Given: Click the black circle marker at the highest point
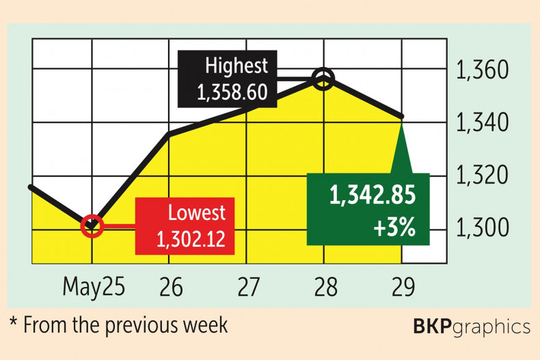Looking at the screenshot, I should (x=323, y=79).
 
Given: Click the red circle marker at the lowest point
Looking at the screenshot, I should (x=92, y=225).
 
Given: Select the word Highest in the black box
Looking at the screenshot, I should (x=238, y=68).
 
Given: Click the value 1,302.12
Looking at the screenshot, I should (x=191, y=238).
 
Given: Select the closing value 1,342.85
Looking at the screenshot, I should (x=373, y=196).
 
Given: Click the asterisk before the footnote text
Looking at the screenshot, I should (x=14, y=322).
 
